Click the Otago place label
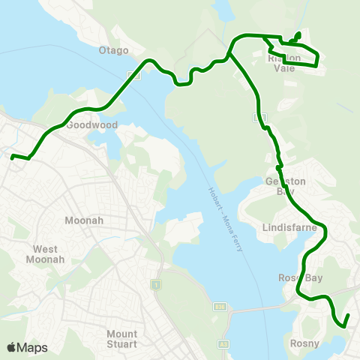[115, 50]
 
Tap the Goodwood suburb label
[93, 125]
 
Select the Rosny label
[304, 343]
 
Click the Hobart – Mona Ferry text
[225, 218]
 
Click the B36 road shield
[220, 307]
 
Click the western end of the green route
[11, 157]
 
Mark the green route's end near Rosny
[345, 327]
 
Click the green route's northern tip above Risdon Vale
[298, 33]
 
